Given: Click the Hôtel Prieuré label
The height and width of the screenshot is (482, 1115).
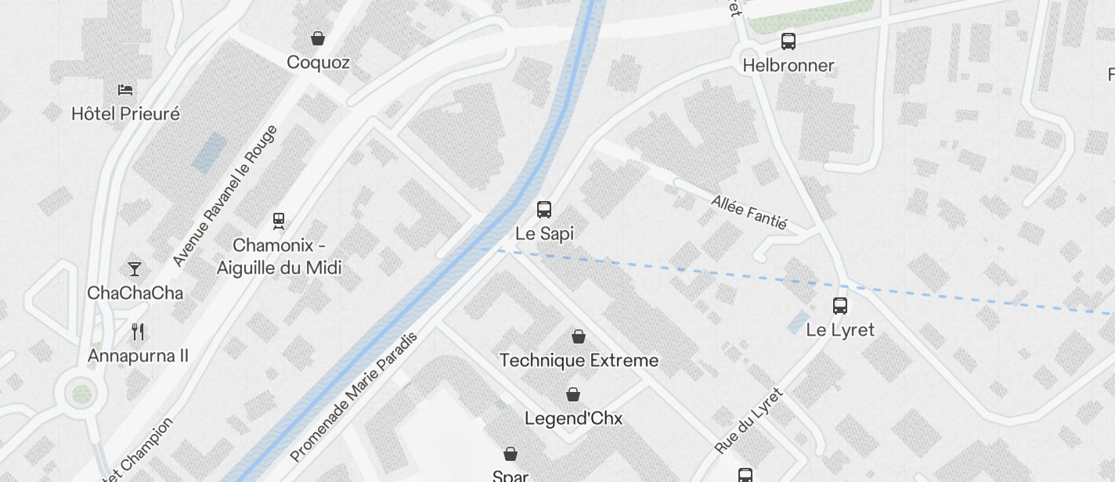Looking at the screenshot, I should click(x=125, y=113).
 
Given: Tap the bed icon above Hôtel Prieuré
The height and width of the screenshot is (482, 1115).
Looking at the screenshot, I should click(x=125, y=89).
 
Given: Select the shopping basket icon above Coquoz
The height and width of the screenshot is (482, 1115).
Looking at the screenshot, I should click(x=318, y=38).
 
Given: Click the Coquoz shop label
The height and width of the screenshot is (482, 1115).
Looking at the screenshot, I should click(x=318, y=62).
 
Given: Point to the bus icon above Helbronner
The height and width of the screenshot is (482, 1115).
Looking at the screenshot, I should click(x=788, y=41).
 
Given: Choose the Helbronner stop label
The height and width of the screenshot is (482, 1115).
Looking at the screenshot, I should click(x=788, y=65).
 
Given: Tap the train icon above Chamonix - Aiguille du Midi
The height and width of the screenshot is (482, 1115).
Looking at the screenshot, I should click(x=279, y=221).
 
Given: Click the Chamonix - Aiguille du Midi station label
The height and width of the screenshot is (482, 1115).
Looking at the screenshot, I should click(x=280, y=257).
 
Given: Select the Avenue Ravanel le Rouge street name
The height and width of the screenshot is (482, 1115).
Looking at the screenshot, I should click(x=225, y=196).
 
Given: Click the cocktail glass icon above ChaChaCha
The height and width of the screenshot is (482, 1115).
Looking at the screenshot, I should click(x=135, y=269).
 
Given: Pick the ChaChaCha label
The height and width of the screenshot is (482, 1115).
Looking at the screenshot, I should click(x=135, y=293).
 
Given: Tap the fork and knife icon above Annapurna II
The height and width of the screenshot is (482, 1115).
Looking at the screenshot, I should click(x=138, y=332).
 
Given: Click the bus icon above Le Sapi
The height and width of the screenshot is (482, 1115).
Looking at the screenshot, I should click(x=544, y=209).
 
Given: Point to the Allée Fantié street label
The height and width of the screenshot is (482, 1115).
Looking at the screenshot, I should click(x=749, y=211).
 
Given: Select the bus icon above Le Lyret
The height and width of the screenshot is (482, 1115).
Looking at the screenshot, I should click(x=840, y=306).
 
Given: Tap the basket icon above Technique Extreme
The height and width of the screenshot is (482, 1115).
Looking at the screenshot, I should click(x=579, y=336).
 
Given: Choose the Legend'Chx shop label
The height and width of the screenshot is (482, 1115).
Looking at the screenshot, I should click(x=573, y=419).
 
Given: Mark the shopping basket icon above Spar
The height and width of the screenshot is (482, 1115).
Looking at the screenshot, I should click(x=511, y=454).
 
